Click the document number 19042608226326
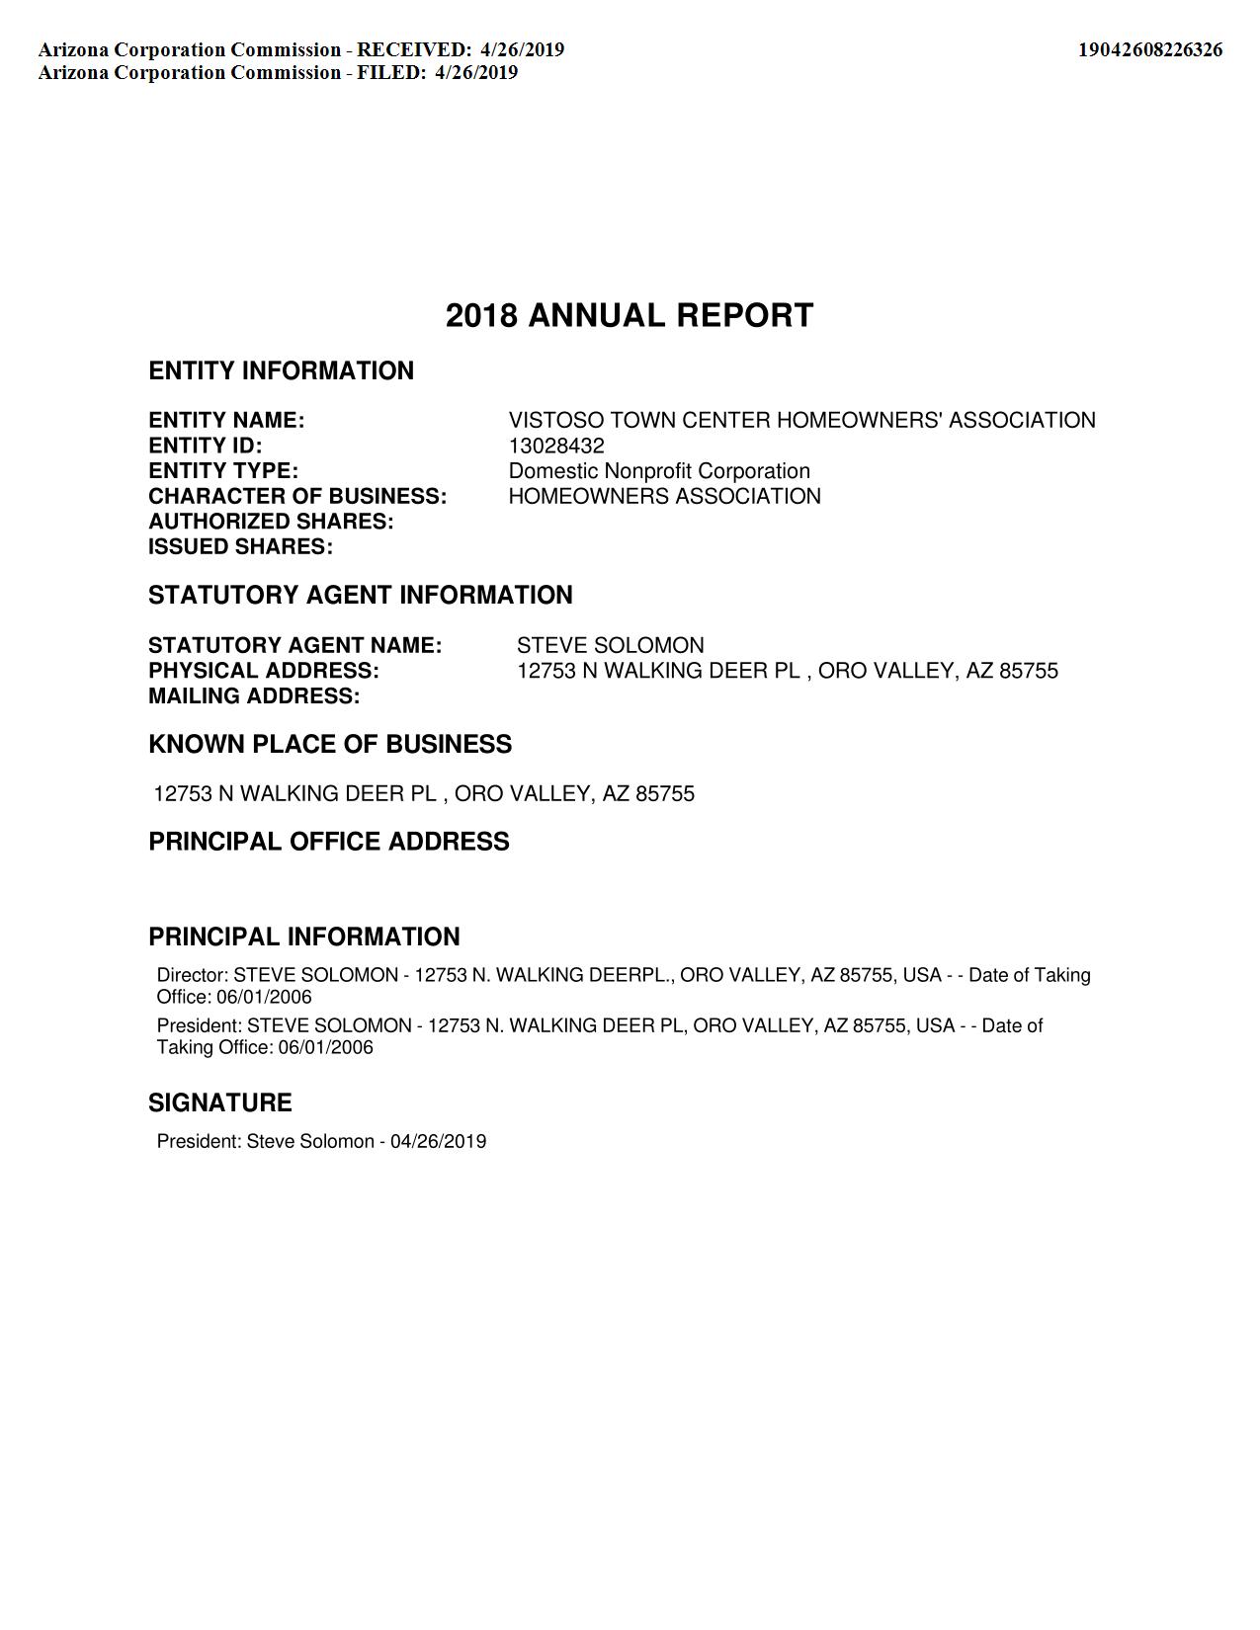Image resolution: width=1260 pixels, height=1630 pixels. pos(1149,49)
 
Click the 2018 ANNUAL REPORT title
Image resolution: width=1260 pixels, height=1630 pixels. pos(630,316)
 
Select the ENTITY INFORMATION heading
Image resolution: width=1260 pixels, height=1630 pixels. pos(281,371)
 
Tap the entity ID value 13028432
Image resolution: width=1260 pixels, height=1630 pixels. pos(556,446)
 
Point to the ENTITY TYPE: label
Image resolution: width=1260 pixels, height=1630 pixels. pos(223,471)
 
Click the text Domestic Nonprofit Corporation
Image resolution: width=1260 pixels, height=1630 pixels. pos(659,471)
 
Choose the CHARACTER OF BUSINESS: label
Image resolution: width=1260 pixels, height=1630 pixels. pos(297,496)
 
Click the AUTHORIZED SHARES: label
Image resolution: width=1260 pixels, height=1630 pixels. pos(271,522)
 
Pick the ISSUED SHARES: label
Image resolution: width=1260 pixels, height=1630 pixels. pos(240,547)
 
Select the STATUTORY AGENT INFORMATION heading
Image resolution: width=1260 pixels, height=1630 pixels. pos(360,596)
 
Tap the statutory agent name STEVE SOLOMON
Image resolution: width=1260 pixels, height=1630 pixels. pos(610,646)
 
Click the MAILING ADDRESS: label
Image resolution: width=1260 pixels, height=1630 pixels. pos(254,696)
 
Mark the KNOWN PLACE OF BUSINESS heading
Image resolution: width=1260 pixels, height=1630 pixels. pos(330,745)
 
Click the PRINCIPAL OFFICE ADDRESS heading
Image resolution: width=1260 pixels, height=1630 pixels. pos(329,842)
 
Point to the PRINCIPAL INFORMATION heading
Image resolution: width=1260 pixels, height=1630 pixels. pos(304,937)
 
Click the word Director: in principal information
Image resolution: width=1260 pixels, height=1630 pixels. pos(193,975)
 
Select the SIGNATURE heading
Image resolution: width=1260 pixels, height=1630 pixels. pos(220,1103)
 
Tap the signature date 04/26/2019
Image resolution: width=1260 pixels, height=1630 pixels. pos(438,1142)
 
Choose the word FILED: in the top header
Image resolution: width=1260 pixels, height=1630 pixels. pos(391,72)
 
